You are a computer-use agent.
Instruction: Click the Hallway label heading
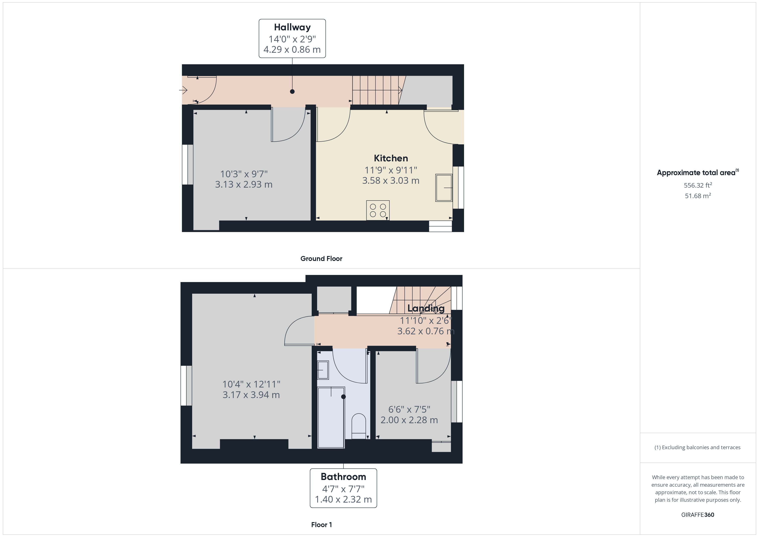point(292,27)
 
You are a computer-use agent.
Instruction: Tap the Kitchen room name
point(391,158)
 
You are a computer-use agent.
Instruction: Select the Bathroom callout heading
point(343,477)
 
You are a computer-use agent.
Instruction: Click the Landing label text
point(426,308)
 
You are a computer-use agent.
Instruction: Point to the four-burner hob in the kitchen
point(378,210)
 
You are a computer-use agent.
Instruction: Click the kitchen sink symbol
point(444,188)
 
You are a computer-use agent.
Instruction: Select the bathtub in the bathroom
point(331,417)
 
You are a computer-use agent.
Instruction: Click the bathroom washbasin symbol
point(323,370)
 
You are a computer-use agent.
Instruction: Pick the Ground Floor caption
point(321,259)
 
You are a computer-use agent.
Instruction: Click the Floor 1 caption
point(321,525)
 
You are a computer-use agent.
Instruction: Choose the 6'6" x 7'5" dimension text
point(409,409)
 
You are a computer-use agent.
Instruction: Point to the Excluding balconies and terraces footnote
point(697,447)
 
